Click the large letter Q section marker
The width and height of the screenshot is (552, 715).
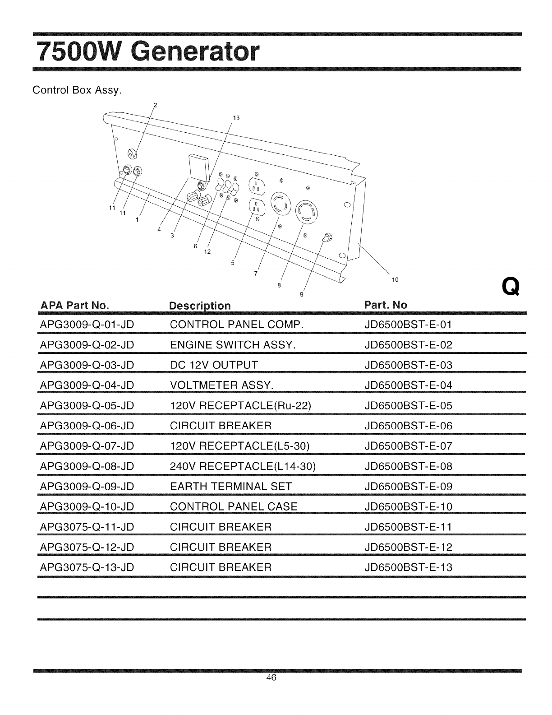(511, 286)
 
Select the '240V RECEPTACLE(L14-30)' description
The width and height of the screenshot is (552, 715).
(243, 466)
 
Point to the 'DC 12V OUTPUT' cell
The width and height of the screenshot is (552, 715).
(214, 365)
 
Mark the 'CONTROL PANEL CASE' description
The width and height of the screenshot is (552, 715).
(234, 506)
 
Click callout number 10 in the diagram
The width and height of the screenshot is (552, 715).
(395, 279)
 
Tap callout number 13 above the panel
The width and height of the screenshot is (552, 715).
(235, 118)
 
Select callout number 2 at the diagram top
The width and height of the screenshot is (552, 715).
(155, 105)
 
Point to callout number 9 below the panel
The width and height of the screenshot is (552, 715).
(301, 295)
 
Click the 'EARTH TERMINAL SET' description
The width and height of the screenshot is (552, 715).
(231, 487)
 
